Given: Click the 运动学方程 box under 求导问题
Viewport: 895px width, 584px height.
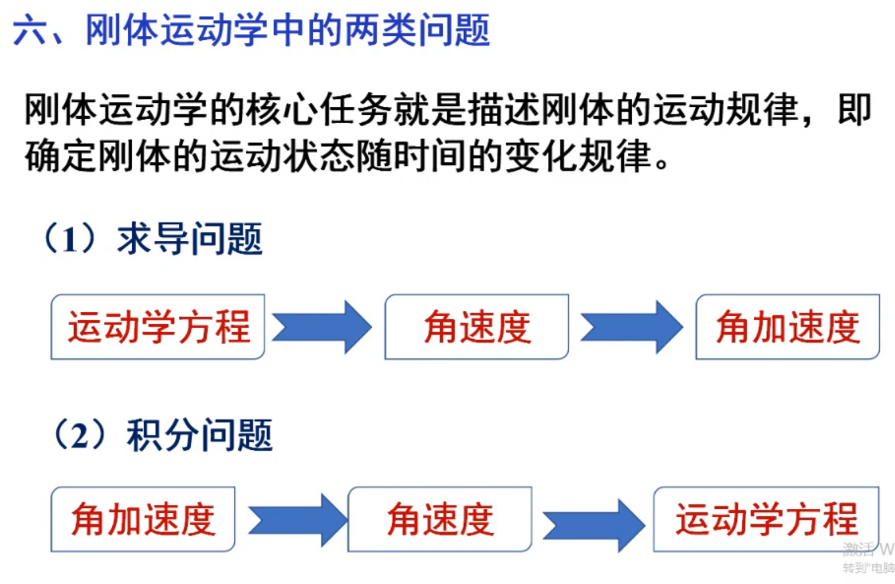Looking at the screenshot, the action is click(x=157, y=327).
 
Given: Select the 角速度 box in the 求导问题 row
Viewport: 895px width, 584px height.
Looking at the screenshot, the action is click(x=476, y=327).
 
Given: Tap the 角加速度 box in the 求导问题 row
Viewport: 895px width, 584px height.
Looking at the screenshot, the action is click(x=787, y=327).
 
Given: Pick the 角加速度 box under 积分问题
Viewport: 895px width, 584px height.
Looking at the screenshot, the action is click(x=143, y=519).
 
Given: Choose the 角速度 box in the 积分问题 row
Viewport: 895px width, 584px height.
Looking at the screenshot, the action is click(x=440, y=519).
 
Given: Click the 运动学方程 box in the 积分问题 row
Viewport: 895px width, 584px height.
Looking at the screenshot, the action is click(x=766, y=519).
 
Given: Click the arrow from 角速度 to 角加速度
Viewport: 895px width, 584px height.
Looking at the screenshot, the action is click(x=631, y=327).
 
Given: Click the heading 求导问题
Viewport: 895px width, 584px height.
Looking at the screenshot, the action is click(x=190, y=240).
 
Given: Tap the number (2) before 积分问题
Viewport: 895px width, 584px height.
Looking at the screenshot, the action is click(x=79, y=435).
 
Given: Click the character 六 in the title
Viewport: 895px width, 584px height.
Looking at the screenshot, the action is click(x=29, y=31).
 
